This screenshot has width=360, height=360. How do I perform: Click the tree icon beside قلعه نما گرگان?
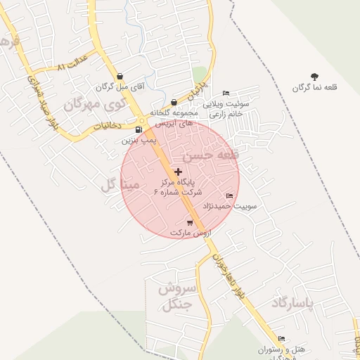click(314, 77)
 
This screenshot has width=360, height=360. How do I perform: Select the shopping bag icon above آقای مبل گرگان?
click(120, 76)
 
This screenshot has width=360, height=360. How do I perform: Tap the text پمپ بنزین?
click(139, 141)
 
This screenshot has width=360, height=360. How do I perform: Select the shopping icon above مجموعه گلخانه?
click(174, 102)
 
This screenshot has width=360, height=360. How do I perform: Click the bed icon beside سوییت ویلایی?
click(226, 93)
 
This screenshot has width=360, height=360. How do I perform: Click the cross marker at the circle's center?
click(178, 172)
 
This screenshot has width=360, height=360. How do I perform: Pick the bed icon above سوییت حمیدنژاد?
click(229, 195)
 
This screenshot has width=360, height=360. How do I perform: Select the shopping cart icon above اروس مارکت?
click(190, 222)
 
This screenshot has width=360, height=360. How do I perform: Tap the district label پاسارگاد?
click(298, 303)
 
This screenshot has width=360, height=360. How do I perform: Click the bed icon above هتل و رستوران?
click(281, 339)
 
